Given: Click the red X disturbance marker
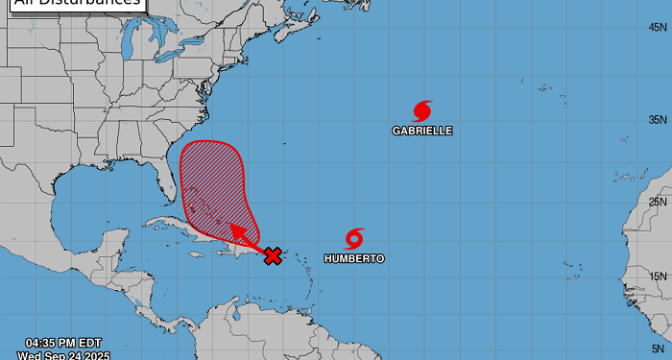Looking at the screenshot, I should (273, 255).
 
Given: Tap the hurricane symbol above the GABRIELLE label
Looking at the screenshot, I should (422, 110).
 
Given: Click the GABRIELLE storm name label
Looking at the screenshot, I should (422, 130).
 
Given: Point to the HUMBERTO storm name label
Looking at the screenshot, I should (354, 259).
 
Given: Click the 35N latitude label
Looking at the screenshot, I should (658, 120).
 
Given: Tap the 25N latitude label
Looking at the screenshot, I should (658, 202).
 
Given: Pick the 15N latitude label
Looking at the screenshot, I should (658, 276).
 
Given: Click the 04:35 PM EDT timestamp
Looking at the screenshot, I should (61, 343).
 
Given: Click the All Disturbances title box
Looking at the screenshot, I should (72, 3).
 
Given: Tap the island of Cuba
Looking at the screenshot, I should (182, 228).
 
